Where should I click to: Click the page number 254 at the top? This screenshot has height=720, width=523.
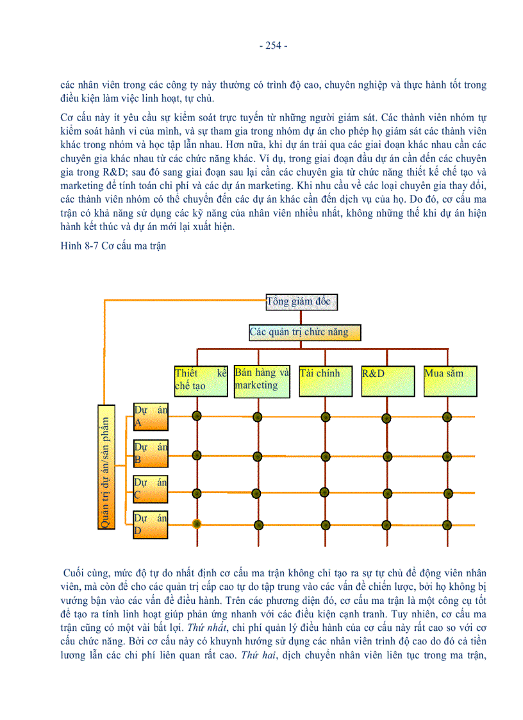273,46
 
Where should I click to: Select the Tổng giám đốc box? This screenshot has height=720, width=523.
301,301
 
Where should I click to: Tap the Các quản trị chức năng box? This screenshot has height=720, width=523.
304,332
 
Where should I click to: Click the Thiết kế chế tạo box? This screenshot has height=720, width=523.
201,380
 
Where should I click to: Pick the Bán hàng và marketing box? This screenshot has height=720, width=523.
261,380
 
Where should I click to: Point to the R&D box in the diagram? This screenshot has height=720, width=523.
386,380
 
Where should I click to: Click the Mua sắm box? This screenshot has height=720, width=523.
449,380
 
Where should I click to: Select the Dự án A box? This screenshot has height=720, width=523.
151,417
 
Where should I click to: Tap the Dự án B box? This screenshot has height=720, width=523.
151,454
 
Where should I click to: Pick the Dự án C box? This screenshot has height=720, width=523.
151,489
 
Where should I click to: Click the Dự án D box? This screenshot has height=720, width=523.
151,524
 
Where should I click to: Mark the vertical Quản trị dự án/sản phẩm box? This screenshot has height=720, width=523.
107,467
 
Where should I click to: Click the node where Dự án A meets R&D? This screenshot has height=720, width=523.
386,417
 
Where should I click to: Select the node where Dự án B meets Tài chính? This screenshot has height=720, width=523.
326,457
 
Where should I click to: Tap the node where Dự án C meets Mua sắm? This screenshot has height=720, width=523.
447,494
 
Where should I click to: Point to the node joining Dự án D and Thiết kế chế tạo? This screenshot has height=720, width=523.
197,524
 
